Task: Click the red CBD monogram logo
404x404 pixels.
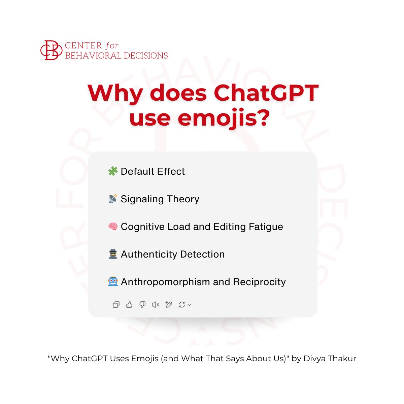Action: point(51,50)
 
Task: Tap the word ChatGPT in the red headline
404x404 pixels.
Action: point(266,93)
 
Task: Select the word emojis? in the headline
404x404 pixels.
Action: point(224,118)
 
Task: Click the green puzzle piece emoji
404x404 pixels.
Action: point(112,171)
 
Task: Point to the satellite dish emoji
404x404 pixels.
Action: point(112,199)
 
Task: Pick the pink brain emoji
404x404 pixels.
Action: point(112,227)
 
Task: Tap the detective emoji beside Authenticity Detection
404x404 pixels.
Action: point(112,254)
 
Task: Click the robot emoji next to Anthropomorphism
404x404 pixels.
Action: point(112,282)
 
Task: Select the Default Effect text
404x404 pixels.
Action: point(153,171)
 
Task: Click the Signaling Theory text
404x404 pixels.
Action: point(160,199)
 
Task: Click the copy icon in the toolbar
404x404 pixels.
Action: point(116,305)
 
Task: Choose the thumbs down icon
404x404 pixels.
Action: point(142,305)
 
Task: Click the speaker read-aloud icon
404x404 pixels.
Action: point(155,305)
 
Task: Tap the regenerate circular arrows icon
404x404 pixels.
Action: point(182,305)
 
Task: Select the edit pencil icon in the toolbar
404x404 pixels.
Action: point(169,305)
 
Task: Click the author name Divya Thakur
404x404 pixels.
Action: point(330,359)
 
